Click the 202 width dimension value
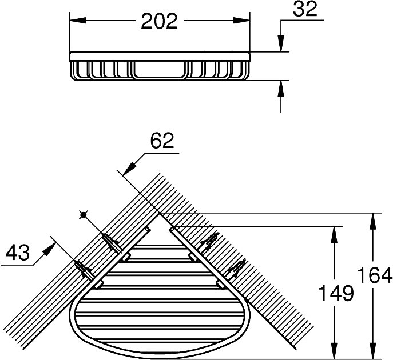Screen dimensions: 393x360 [160, 21]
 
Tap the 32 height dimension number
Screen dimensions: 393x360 [305, 9]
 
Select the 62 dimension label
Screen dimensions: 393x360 [162, 141]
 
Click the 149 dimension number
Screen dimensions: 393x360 [336, 293]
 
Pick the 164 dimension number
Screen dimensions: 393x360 [374, 275]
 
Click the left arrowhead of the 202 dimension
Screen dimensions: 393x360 [78, 20]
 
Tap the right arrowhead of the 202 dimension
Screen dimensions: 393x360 [241, 20]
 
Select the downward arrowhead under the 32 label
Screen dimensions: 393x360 [281, 44]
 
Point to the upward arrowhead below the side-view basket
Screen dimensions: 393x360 [281, 89]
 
